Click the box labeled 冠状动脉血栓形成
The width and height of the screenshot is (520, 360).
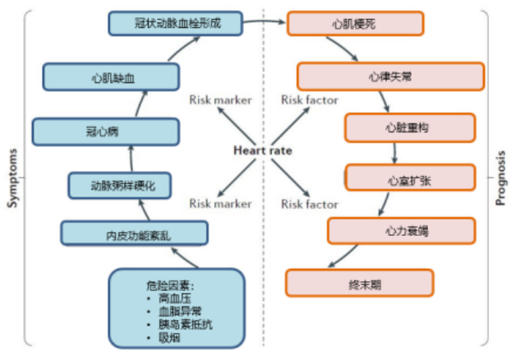click(x=177, y=23)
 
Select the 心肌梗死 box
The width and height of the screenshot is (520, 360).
click(x=355, y=23)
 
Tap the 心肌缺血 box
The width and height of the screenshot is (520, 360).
click(x=112, y=78)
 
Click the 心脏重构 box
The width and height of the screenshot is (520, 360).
click(x=409, y=127)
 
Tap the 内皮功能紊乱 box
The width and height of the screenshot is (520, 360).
click(x=132, y=234)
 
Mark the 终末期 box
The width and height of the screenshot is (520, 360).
click(x=360, y=283)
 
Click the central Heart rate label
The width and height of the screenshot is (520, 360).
click(x=262, y=150)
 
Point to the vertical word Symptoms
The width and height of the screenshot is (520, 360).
click(x=12, y=178)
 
